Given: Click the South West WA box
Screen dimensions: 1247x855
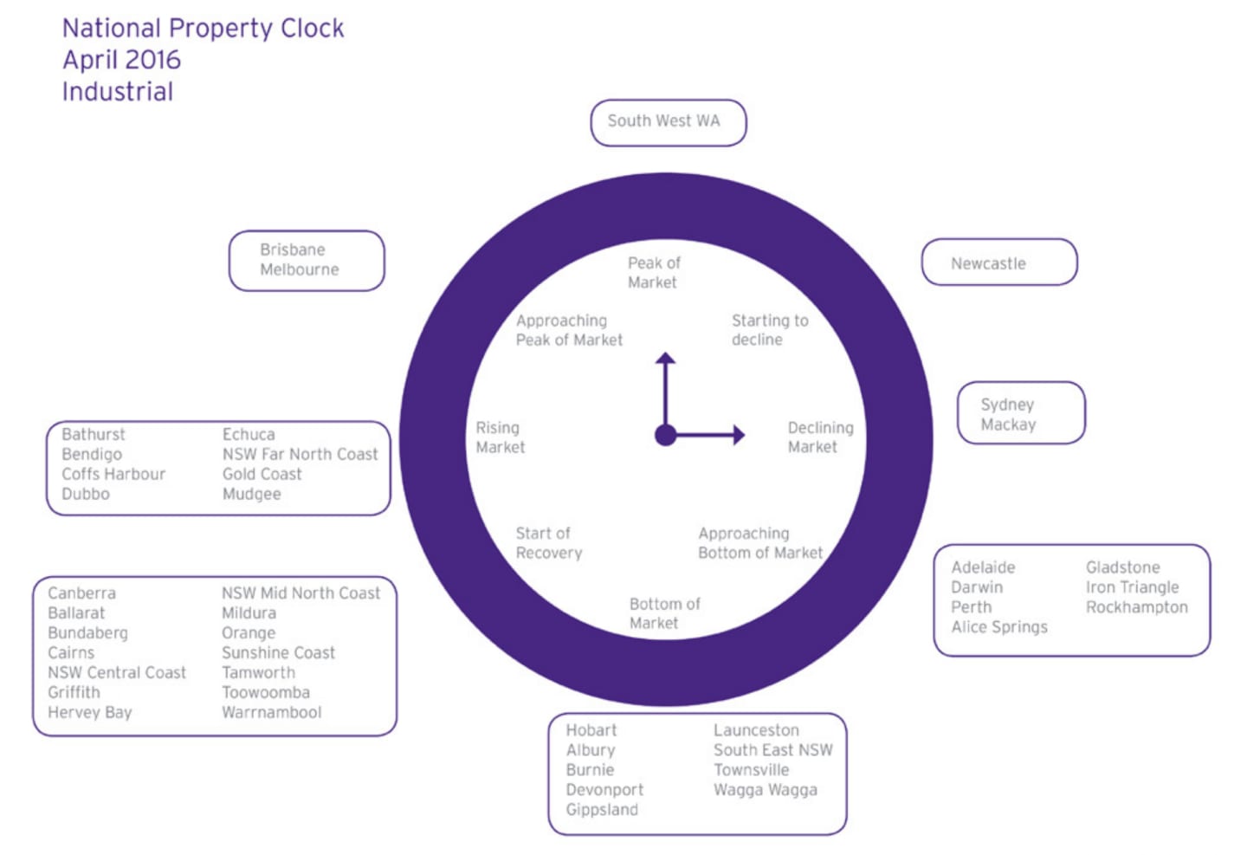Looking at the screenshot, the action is click(x=668, y=122).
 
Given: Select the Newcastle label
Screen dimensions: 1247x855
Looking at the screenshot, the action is click(x=988, y=263).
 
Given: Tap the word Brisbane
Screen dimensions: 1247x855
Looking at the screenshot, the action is click(x=293, y=249).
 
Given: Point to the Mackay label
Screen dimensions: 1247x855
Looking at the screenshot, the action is click(x=1008, y=424).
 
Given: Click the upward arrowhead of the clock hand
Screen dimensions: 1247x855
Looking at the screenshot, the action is click(x=665, y=358).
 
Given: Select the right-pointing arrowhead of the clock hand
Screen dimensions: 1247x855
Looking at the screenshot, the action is click(x=739, y=435).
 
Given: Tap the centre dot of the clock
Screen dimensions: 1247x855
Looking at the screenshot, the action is click(x=665, y=435).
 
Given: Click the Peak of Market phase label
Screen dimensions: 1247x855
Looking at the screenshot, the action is click(x=654, y=272).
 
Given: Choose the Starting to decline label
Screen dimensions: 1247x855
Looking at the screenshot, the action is click(x=770, y=330).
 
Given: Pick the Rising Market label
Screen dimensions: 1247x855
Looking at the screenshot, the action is click(x=500, y=437).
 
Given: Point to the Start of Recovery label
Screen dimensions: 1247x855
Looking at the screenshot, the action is click(x=549, y=543).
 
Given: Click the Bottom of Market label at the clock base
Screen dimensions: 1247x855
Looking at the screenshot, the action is click(x=665, y=613).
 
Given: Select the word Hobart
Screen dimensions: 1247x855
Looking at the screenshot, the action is click(x=591, y=729).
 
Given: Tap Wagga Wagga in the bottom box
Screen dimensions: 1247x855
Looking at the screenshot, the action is click(x=766, y=790).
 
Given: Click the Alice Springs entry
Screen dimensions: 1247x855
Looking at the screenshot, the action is click(x=999, y=627).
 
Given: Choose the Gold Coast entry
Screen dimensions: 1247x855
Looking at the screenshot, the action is click(x=262, y=474).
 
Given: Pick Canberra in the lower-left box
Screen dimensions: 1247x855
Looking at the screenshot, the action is click(x=81, y=593).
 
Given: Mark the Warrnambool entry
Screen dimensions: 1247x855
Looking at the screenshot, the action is click(x=272, y=712).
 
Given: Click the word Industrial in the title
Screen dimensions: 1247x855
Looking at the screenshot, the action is click(x=118, y=91).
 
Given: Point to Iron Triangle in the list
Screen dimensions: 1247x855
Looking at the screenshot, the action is click(x=1133, y=587).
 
